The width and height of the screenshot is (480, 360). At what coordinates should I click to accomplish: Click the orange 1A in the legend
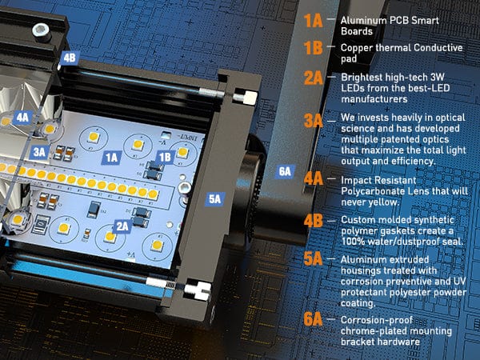tap(313, 21)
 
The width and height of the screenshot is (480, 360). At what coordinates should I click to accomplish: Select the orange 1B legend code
tap(313, 48)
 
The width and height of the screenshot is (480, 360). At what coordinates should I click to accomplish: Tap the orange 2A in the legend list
tap(314, 78)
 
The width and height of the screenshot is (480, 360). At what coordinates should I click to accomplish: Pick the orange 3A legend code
tap(314, 120)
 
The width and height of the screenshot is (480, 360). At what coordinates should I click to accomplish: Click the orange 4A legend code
tap(314, 178)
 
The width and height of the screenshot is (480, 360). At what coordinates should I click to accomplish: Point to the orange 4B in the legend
tap(314, 221)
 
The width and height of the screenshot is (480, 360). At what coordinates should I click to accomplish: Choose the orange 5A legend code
tap(313, 258)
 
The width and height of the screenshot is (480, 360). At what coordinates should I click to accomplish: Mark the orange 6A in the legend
tap(313, 319)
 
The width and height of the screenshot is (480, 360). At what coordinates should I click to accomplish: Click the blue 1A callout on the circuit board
tap(111, 158)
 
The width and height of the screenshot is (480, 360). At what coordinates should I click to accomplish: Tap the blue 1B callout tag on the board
tap(166, 157)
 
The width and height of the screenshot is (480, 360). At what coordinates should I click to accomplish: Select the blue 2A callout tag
tap(122, 226)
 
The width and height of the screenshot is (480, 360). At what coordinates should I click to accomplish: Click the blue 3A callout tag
tap(39, 152)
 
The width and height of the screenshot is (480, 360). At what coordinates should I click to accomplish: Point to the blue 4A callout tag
tap(22, 118)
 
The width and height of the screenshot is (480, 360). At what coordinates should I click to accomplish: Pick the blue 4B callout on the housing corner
tap(70, 58)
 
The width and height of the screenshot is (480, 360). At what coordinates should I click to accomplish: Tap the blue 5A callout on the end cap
tap(215, 199)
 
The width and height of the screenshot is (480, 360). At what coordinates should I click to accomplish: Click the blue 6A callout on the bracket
tap(286, 171)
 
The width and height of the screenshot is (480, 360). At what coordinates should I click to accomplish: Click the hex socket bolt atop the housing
tap(42, 31)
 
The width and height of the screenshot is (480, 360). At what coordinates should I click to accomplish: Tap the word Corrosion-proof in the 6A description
tap(377, 320)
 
